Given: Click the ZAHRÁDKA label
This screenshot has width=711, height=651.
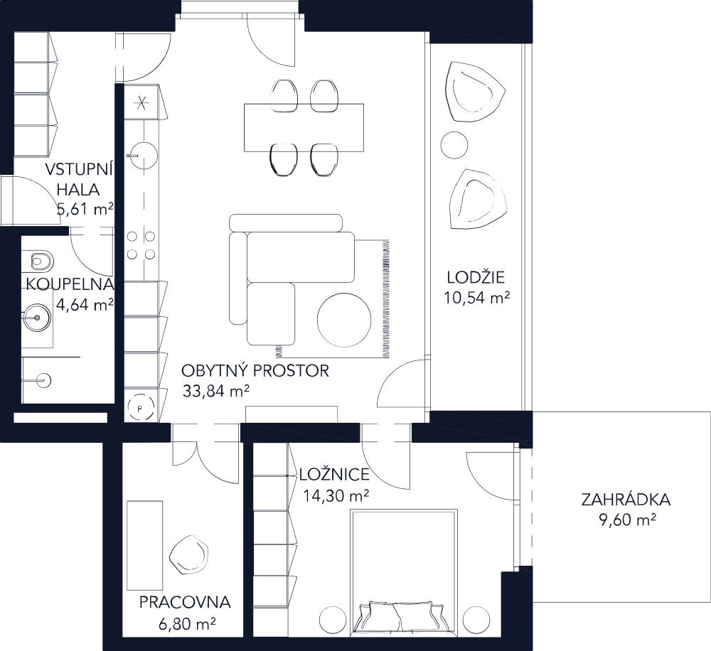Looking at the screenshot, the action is (x=626, y=500).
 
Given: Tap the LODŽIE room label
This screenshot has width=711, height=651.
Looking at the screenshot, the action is (x=476, y=278).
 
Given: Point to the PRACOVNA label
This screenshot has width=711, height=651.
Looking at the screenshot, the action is (x=185, y=603).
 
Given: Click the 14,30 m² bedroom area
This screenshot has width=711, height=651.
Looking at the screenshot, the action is (x=336, y=495).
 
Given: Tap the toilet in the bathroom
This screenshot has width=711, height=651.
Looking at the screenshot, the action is (x=41, y=262).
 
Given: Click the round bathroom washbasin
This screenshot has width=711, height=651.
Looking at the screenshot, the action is (x=34, y=316).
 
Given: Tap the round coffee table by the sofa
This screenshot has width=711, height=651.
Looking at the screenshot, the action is (x=344, y=320).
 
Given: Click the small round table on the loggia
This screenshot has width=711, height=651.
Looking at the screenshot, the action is (x=454, y=145).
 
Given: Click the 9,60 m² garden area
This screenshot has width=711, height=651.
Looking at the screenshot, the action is (x=626, y=521).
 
